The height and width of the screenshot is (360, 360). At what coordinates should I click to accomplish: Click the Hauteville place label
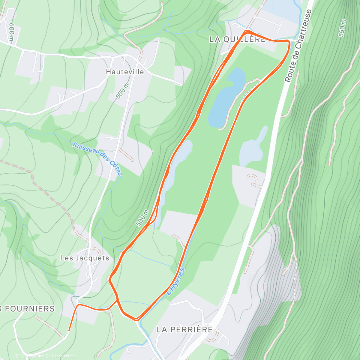[x=125, y=72]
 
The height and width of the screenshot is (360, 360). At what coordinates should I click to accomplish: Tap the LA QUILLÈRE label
[x=237, y=39]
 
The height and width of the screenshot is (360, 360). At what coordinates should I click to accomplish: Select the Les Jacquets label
[x=85, y=258]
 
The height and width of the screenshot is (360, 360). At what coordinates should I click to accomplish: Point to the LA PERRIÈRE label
[x=184, y=329]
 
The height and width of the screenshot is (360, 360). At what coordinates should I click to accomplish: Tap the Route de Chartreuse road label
[x=298, y=46]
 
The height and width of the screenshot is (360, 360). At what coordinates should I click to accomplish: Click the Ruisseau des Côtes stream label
[x=97, y=159]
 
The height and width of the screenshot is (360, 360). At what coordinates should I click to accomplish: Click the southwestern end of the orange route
[x=69, y=330]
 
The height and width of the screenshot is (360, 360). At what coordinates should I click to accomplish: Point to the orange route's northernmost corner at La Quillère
[x=247, y=31]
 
